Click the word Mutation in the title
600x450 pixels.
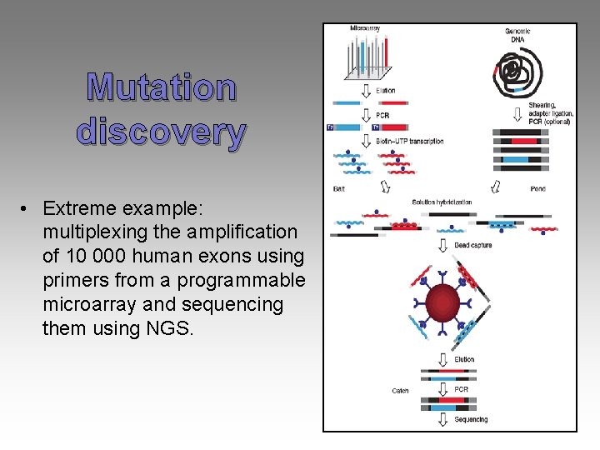pos(162,87)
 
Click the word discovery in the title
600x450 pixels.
pos(161,132)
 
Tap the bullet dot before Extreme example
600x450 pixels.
pos(27,207)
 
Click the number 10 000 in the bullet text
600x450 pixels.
pos(98,255)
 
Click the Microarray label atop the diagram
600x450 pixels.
pos(365,28)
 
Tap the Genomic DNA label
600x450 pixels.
pos(517,36)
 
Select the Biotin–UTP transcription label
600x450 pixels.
pos(410,142)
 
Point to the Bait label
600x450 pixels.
pos(339,189)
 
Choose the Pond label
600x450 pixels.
pos(537,189)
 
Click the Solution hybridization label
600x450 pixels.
pos(442,202)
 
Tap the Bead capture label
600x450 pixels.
pos(472,245)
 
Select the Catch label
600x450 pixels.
pos(400,391)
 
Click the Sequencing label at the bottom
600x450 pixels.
pos(471,419)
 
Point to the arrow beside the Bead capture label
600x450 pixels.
pos(442,245)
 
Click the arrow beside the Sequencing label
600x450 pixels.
pos(442,418)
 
